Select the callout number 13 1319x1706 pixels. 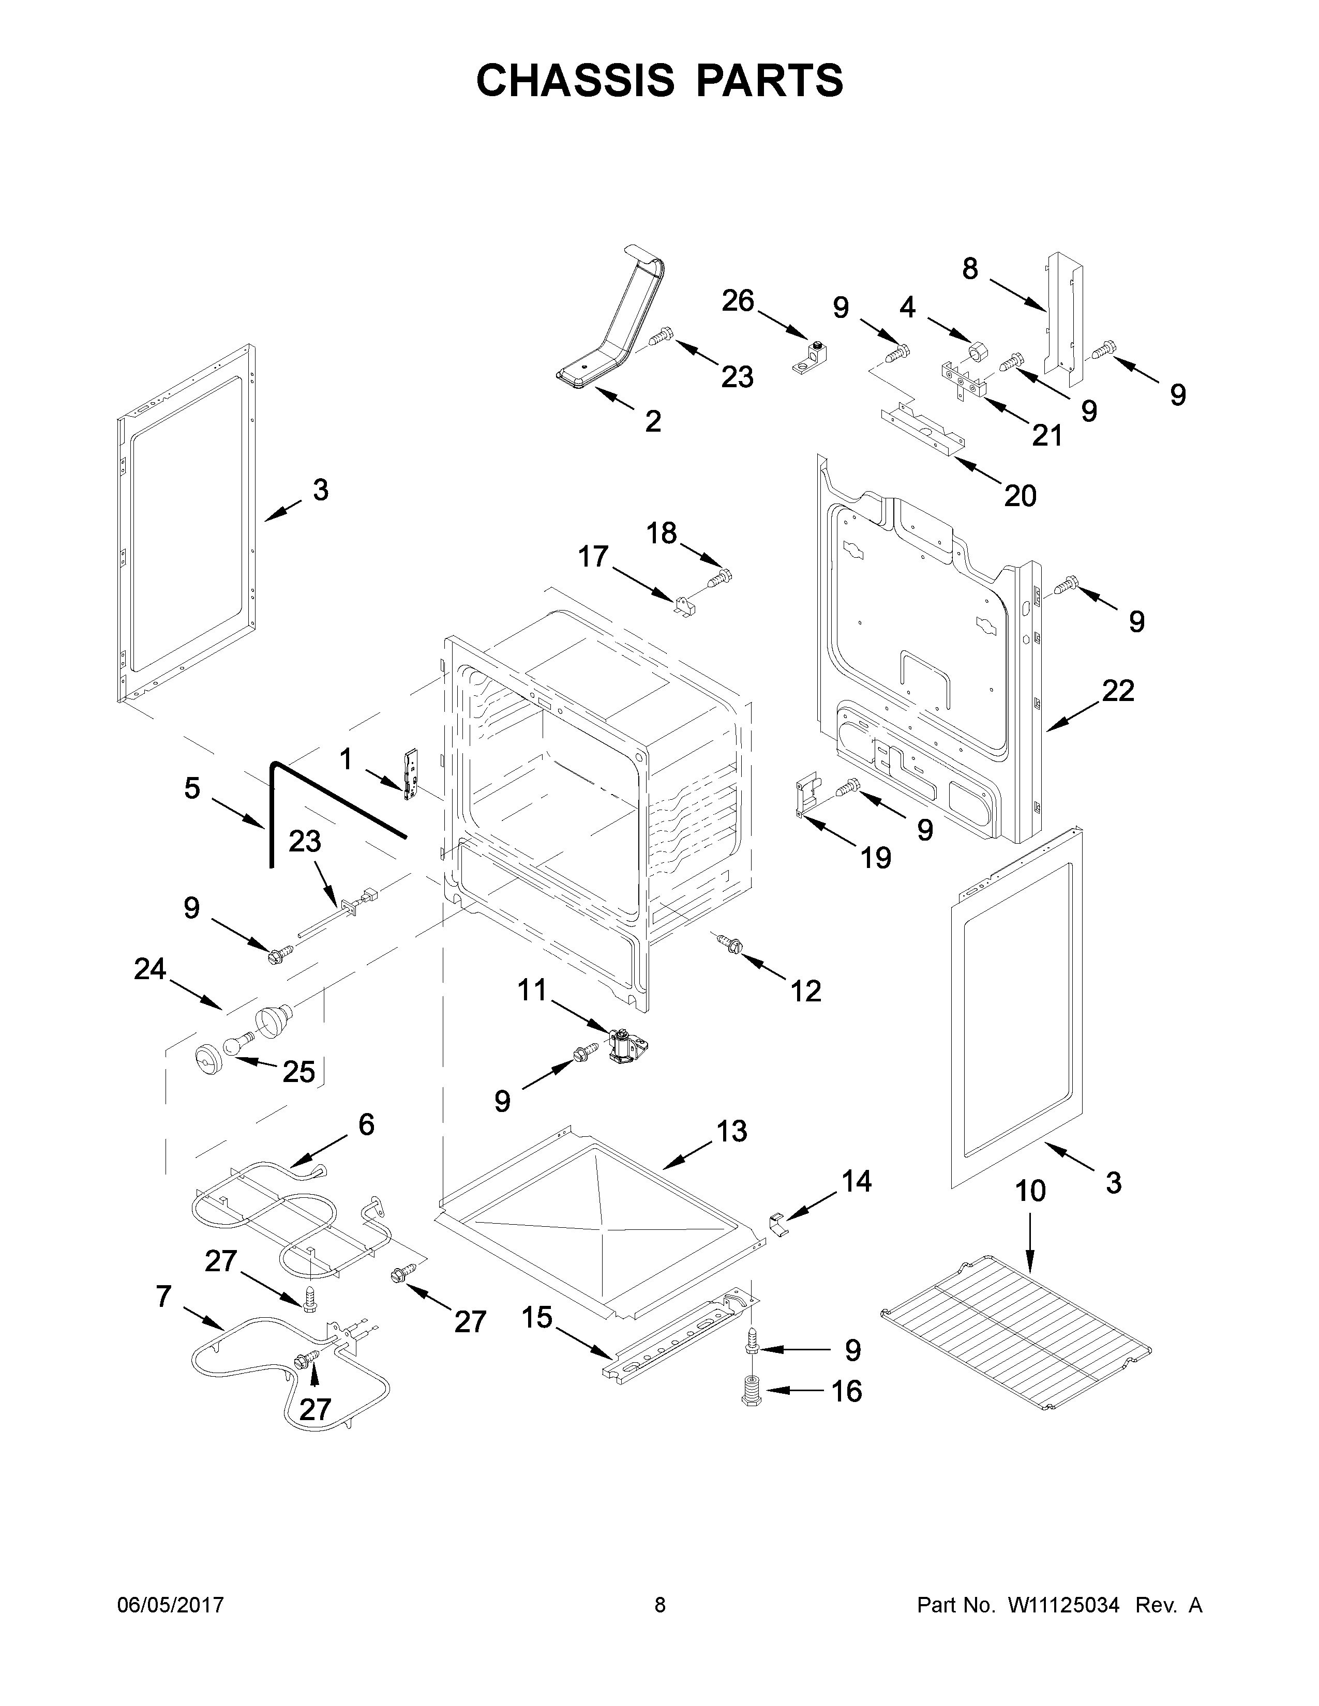[731, 1130]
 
